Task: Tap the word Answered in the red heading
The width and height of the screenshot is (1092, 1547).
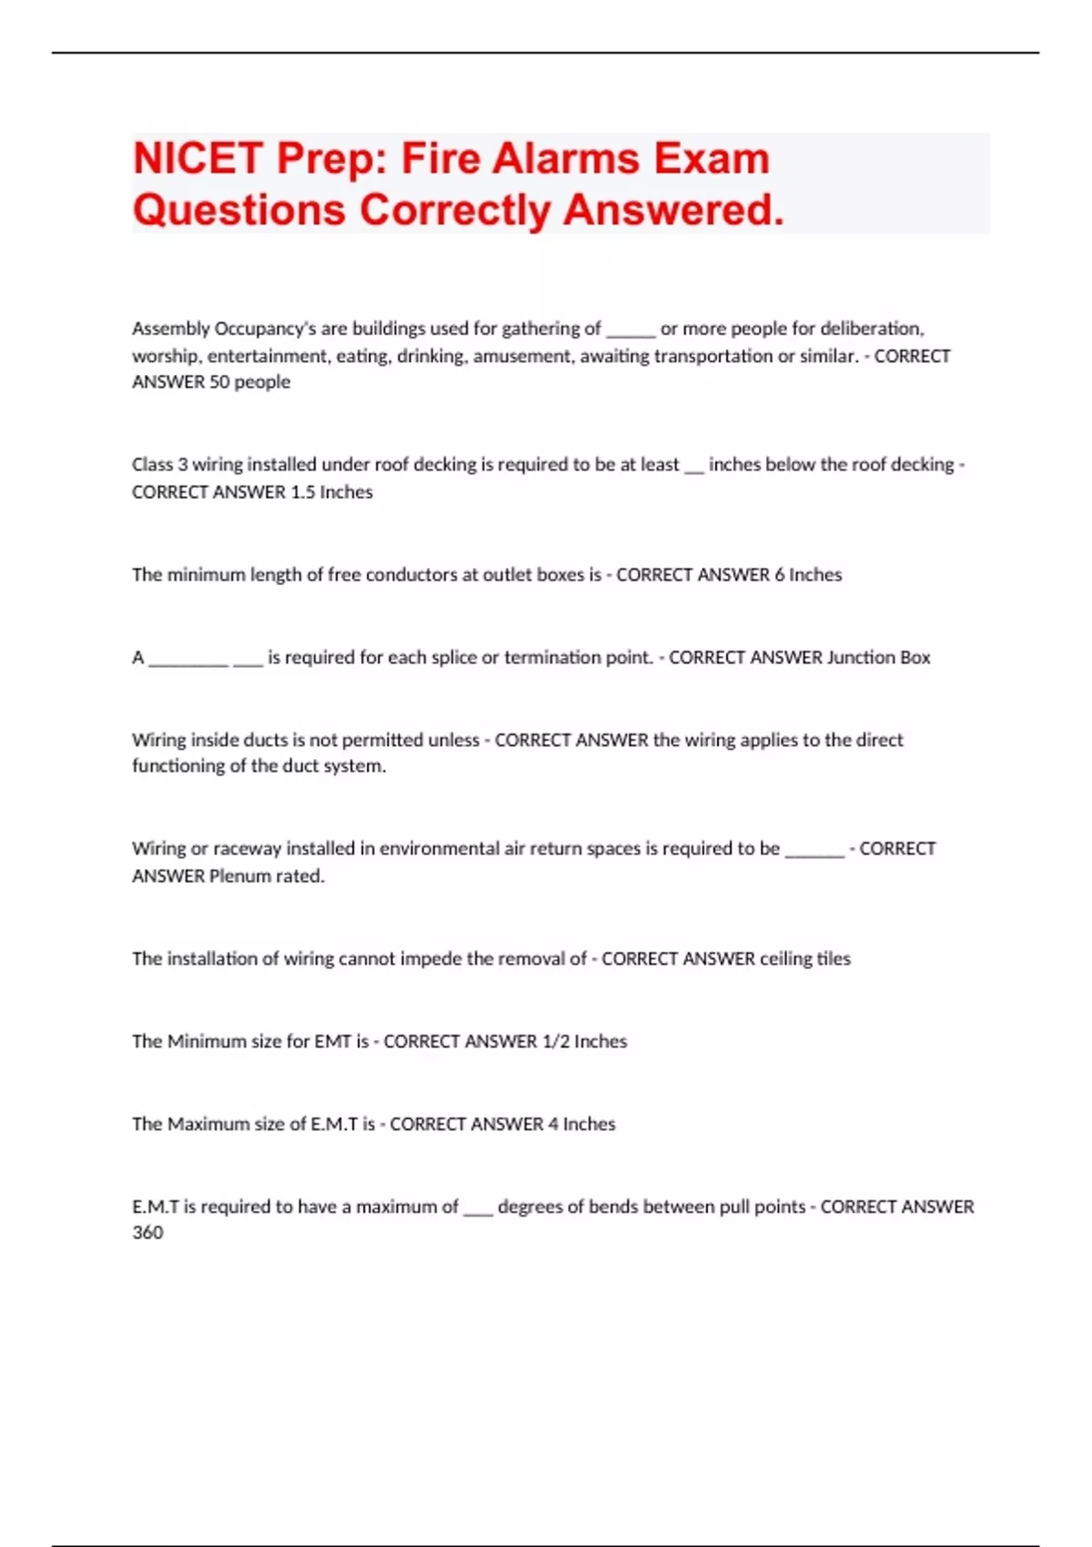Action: pyautogui.click(x=673, y=209)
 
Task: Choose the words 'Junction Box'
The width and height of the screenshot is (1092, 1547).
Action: pyautogui.click(x=878, y=657)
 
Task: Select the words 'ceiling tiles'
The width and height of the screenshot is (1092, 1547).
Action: pyautogui.click(x=805, y=958)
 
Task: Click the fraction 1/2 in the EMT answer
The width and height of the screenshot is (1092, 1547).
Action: pyautogui.click(x=555, y=1041)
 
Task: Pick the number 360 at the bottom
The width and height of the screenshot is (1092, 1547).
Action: pyautogui.click(x=147, y=1233)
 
